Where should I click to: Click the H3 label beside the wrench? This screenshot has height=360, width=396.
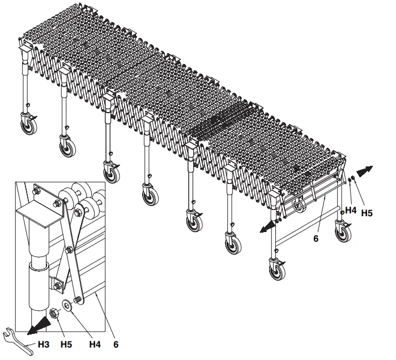[x=43, y=343]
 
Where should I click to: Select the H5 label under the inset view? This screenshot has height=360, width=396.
[x=66, y=343]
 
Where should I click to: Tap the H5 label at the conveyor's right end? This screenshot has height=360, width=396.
[x=367, y=213]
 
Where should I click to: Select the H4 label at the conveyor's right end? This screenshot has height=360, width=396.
[x=351, y=210]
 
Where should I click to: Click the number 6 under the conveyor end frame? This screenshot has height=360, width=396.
[x=316, y=239]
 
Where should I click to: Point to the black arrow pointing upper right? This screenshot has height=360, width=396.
[x=365, y=169]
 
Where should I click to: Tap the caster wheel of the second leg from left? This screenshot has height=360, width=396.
[x=67, y=147]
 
